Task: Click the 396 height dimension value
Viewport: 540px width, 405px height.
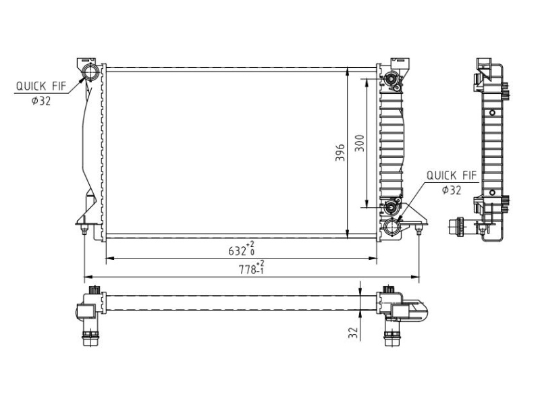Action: point(340,153)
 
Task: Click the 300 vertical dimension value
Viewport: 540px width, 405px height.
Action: point(360,143)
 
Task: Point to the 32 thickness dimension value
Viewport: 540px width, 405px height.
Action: point(353,332)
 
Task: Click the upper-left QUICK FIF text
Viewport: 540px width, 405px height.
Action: point(40,86)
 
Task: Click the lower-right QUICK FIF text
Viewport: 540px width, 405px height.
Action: point(452,175)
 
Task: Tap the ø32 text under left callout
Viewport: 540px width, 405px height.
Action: point(41,101)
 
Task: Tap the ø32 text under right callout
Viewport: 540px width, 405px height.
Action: point(452,190)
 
